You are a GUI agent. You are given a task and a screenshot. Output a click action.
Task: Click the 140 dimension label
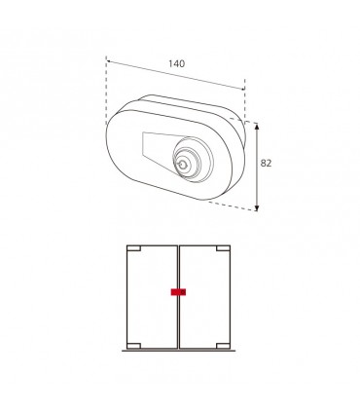pyautogui.click(x=176, y=63)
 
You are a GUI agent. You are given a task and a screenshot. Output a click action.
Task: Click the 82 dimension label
pyautogui.click(x=266, y=164)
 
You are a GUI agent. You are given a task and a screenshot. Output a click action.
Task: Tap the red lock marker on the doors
pyautogui.click(x=178, y=292)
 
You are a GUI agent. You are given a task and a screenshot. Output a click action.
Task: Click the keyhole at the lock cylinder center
pyautogui.click(x=182, y=165)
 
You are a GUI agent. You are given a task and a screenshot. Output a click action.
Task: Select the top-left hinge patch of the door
pyautogui.click(x=133, y=248)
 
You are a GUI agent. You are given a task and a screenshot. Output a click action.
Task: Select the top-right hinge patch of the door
pyautogui.click(x=223, y=248)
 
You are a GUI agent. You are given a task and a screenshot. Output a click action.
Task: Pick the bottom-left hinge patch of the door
pyautogui.click(x=133, y=346)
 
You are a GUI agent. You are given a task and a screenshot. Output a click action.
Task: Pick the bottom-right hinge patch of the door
pyautogui.click(x=223, y=346)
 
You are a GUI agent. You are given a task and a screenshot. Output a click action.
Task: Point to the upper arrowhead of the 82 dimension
pyautogui.click(x=257, y=127)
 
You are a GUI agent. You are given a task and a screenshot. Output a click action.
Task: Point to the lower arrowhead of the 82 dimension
pyautogui.click(x=257, y=207)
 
